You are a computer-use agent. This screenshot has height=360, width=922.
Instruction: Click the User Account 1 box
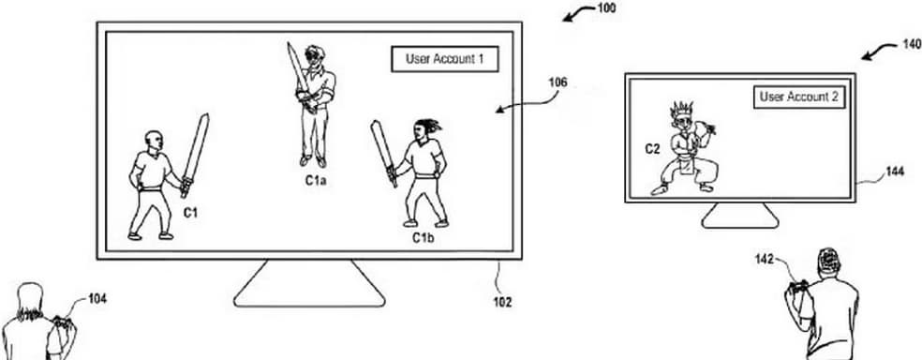(x=444, y=59)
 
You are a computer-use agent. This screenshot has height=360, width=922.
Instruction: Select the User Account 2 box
(x=798, y=97)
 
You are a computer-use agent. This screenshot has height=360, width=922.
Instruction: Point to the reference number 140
(x=910, y=44)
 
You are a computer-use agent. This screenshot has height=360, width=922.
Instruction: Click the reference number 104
(x=97, y=299)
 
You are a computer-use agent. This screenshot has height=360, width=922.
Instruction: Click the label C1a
(x=315, y=180)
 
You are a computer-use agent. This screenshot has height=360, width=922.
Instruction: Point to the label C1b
(x=424, y=237)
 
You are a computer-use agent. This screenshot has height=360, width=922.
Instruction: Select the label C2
(x=653, y=148)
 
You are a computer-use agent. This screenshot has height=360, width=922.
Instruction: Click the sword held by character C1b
(x=383, y=152)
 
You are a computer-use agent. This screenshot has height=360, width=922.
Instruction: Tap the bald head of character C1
(x=152, y=141)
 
